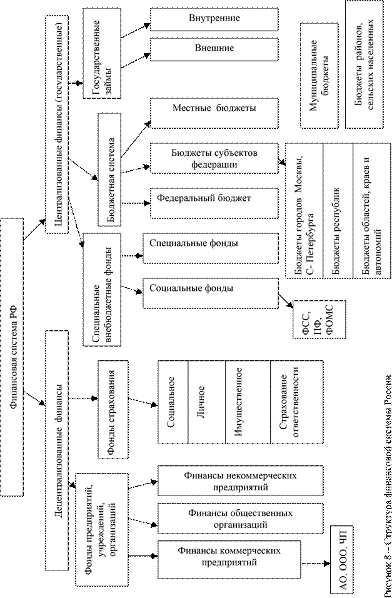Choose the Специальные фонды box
pyautogui.click(x=210, y=243)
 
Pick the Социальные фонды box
pyautogui.click(x=210, y=290)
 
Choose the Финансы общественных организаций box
pyautogui.click(x=227, y=519)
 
